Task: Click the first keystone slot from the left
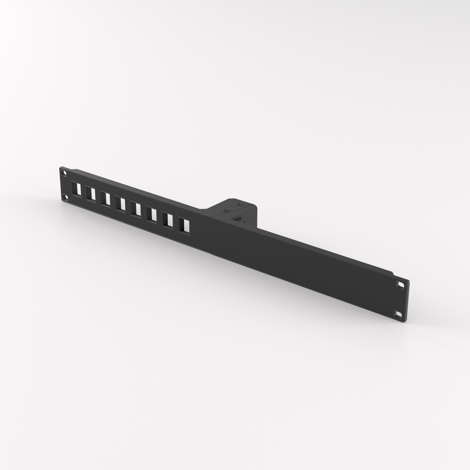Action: tap(77, 189)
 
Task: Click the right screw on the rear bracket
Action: tap(239, 205)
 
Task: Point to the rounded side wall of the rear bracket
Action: tap(254, 215)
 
